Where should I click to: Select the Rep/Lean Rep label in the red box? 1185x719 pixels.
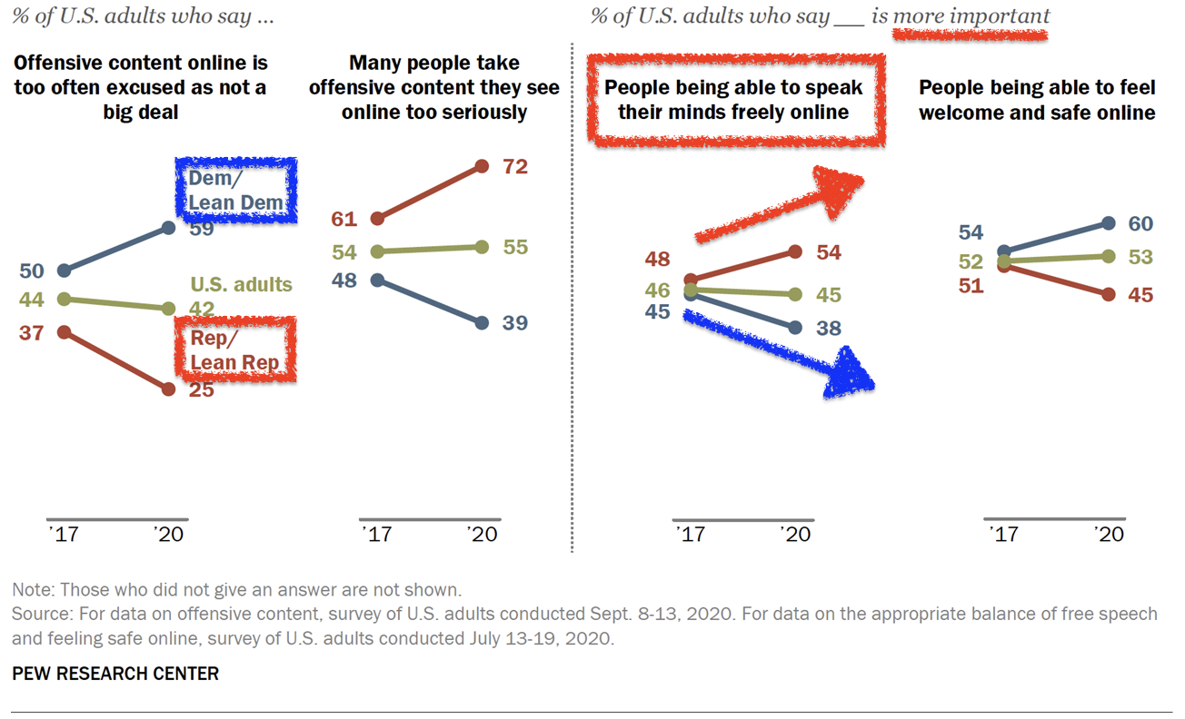coord(234,349)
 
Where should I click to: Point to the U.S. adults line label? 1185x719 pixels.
coord(241,284)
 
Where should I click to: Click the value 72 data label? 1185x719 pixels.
coord(514,167)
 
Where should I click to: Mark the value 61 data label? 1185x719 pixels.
coord(345,219)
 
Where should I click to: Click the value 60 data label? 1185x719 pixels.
coord(1140,223)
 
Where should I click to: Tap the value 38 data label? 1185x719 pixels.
coord(828,329)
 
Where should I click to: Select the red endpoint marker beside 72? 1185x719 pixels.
coord(483,166)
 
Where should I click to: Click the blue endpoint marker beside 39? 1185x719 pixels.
coord(483,322)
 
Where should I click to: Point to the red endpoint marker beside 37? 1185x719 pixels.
coord(64,332)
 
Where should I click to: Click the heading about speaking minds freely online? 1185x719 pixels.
coord(733,100)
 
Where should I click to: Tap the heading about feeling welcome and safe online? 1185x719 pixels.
coord(1037,100)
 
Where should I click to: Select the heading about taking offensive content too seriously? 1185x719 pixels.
coord(434,87)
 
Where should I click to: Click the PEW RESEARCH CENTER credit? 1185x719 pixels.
coord(115,674)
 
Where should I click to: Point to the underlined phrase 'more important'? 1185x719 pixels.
coord(971,16)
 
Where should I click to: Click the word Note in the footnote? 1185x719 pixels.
coord(33,590)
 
